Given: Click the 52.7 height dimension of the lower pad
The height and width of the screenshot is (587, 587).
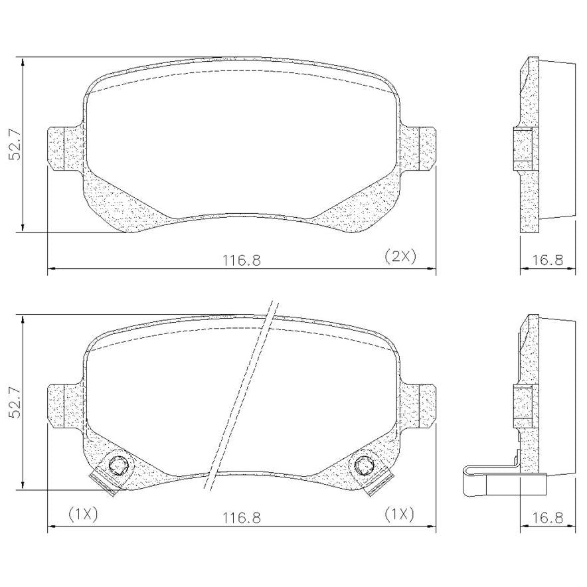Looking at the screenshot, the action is point(16,403).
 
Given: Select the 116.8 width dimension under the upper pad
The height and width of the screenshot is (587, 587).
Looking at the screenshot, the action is point(242,260).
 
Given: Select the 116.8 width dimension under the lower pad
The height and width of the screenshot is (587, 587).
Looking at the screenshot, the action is point(242,518).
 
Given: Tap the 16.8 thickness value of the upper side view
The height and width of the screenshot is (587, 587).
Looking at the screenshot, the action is point(547,260).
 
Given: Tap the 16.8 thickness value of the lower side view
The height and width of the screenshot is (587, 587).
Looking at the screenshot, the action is point(547,518).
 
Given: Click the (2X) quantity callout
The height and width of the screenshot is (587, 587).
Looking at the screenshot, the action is point(400,256).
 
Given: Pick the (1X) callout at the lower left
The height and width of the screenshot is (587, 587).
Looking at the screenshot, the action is point(83,515).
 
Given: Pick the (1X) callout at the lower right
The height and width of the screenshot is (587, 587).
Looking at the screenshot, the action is point(399,515).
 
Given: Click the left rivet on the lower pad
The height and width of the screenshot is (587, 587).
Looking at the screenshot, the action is point(118,465).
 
